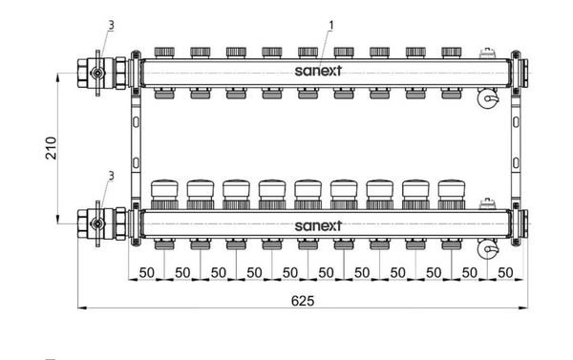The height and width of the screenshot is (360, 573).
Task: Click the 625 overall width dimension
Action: pyautogui.click(x=303, y=301)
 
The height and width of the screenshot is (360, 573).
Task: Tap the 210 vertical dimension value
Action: pyautogui.click(x=52, y=148)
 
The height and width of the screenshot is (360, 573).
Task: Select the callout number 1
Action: pyautogui.click(x=331, y=26)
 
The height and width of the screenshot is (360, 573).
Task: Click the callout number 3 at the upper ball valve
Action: pyautogui.click(x=111, y=25)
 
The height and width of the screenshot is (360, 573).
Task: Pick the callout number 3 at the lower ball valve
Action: pyautogui.click(x=111, y=176)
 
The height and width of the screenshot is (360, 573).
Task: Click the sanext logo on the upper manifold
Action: pyautogui.click(x=318, y=71)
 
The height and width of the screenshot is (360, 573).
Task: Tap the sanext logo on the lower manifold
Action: pyautogui.click(x=318, y=225)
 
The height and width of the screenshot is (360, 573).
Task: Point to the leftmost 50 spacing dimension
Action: pyautogui.click(x=146, y=273)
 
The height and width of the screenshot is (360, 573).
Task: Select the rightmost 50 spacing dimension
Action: pyautogui.click(x=505, y=273)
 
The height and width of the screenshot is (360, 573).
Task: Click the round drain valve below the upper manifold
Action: pyautogui.click(x=488, y=98)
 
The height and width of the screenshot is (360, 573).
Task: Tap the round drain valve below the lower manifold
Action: pyautogui.click(x=488, y=249)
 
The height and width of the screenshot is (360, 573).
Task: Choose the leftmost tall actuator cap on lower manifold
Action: pyautogui.click(x=164, y=195)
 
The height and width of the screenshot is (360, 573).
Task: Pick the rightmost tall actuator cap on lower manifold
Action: pyautogui.click(x=452, y=195)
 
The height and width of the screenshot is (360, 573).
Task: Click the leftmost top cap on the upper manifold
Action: pyautogui.click(x=164, y=53)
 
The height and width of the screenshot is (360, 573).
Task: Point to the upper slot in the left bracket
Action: pyautogui.click(x=136, y=122)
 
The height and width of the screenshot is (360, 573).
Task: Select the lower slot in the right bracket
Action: pyautogui.click(x=516, y=163)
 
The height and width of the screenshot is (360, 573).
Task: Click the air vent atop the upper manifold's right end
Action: pyautogui.click(x=488, y=53)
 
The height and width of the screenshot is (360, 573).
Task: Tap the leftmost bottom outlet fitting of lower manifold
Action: pyautogui.click(x=164, y=244)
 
